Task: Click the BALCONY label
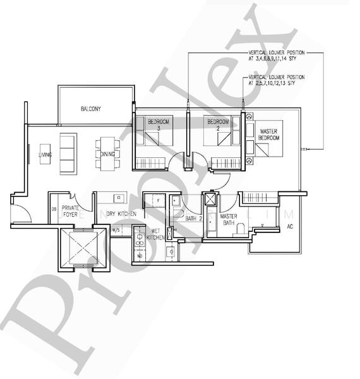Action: pyautogui.click(x=91, y=109)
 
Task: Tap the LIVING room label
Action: pyautogui.click(x=45, y=154)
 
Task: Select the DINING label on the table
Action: pyautogui.click(x=107, y=154)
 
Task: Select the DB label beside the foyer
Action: pyautogui.click(x=54, y=210)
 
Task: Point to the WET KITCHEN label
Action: pyautogui.click(x=155, y=234)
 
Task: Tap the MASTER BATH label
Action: pyautogui.click(x=228, y=220)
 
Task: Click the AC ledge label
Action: pyautogui.click(x=290, y=226)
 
